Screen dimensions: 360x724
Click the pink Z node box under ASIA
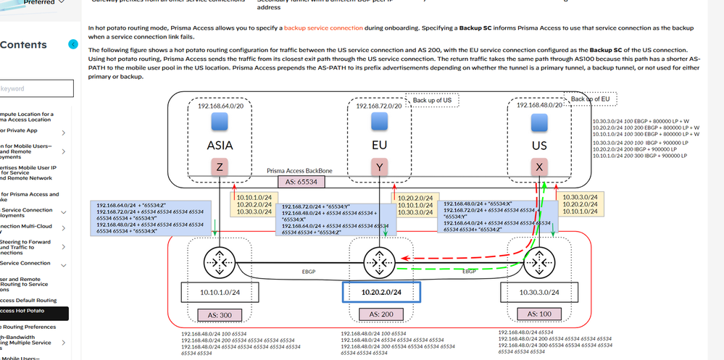[219, 167]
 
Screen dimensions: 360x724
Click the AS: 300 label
[220, 314]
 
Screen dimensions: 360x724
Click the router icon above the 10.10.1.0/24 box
[219, 259]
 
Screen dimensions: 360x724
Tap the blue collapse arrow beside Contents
[72, 45]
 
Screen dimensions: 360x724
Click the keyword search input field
[36, 88]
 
